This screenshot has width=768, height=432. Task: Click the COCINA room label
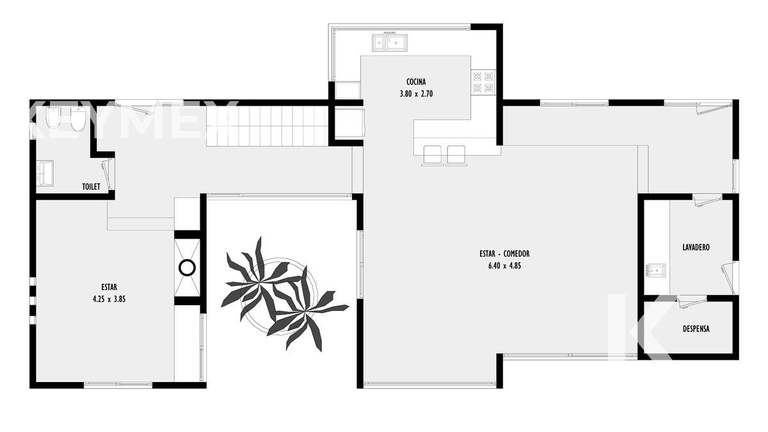click(416, 82)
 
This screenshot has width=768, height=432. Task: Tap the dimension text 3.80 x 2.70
click(416, 94)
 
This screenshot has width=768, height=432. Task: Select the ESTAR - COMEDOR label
click(504, 253)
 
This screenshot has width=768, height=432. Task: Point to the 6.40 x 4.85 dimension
click(505, 266)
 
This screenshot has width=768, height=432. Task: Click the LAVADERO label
click(696, 247)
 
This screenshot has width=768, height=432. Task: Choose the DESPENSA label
click(696, 329)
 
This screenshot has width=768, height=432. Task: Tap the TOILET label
click(91, 186)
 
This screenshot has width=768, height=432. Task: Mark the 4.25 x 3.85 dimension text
click(109, 299)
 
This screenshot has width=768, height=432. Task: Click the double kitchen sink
click(390, 42)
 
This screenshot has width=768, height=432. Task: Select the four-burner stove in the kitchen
click(483, 83)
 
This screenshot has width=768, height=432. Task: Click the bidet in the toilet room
click(53, 118)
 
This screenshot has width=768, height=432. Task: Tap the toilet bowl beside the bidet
click(77, 119)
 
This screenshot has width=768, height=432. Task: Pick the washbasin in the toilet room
click(45, 173)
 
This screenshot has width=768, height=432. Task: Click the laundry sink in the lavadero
click(655, 271)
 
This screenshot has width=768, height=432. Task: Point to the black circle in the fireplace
click(187, 268)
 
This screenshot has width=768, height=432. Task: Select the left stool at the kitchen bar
click(433, 156)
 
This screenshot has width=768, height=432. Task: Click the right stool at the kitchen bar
click(456, 156)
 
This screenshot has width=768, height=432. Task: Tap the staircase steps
click(268, 126)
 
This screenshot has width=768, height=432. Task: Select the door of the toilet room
click(107, 175)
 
